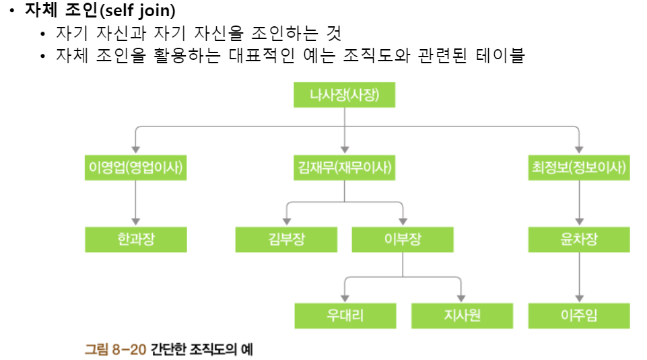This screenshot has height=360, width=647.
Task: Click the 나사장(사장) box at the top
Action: (344, 95)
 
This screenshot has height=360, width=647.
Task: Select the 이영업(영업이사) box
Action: (135, 168)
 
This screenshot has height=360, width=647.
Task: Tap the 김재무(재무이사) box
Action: (344, 168)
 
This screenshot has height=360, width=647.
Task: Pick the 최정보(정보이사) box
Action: (578, 168)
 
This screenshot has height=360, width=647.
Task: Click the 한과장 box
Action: (135, 240)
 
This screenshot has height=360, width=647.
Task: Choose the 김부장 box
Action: (285, 240)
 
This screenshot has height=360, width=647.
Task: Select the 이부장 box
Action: (402, 240)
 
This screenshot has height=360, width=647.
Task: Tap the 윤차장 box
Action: (578, 240)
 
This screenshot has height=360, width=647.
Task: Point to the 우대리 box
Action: (344, 315)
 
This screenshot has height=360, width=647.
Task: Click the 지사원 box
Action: (461, 315)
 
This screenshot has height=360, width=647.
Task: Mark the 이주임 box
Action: (578, 315)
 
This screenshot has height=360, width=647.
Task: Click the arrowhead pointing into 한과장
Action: (135, 220)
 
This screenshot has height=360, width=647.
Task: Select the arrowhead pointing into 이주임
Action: (578, 296)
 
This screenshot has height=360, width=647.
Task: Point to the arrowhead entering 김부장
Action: (285, 220)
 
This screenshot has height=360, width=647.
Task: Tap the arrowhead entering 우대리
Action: (344, 296)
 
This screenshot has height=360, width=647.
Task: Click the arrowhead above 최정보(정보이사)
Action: (578, 147)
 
